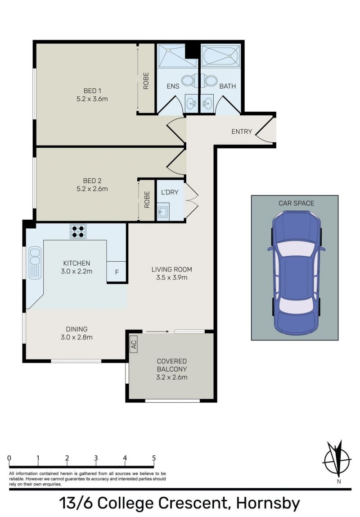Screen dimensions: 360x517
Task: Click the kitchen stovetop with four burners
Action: point(78,231)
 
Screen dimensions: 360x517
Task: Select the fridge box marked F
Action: point(117,272)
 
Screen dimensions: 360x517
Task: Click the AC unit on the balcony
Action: point(133,344)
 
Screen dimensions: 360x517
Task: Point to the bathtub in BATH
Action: point(221,55)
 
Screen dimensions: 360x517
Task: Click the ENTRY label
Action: point(242,132)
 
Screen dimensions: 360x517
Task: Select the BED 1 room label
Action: point(92,91)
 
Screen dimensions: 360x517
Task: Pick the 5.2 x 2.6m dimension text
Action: point(92,189)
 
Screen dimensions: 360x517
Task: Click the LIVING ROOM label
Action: point(171,269)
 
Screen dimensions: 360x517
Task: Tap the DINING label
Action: point(77,329)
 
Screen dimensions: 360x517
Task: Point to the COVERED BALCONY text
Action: point(171,365)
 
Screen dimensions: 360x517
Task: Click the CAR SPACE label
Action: point(296,203)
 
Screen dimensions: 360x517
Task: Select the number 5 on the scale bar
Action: point(154,458)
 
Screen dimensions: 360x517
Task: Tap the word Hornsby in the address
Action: point(268,503)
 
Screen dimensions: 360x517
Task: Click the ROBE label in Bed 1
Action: point(146,81)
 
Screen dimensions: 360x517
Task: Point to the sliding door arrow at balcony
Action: point(157,331)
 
